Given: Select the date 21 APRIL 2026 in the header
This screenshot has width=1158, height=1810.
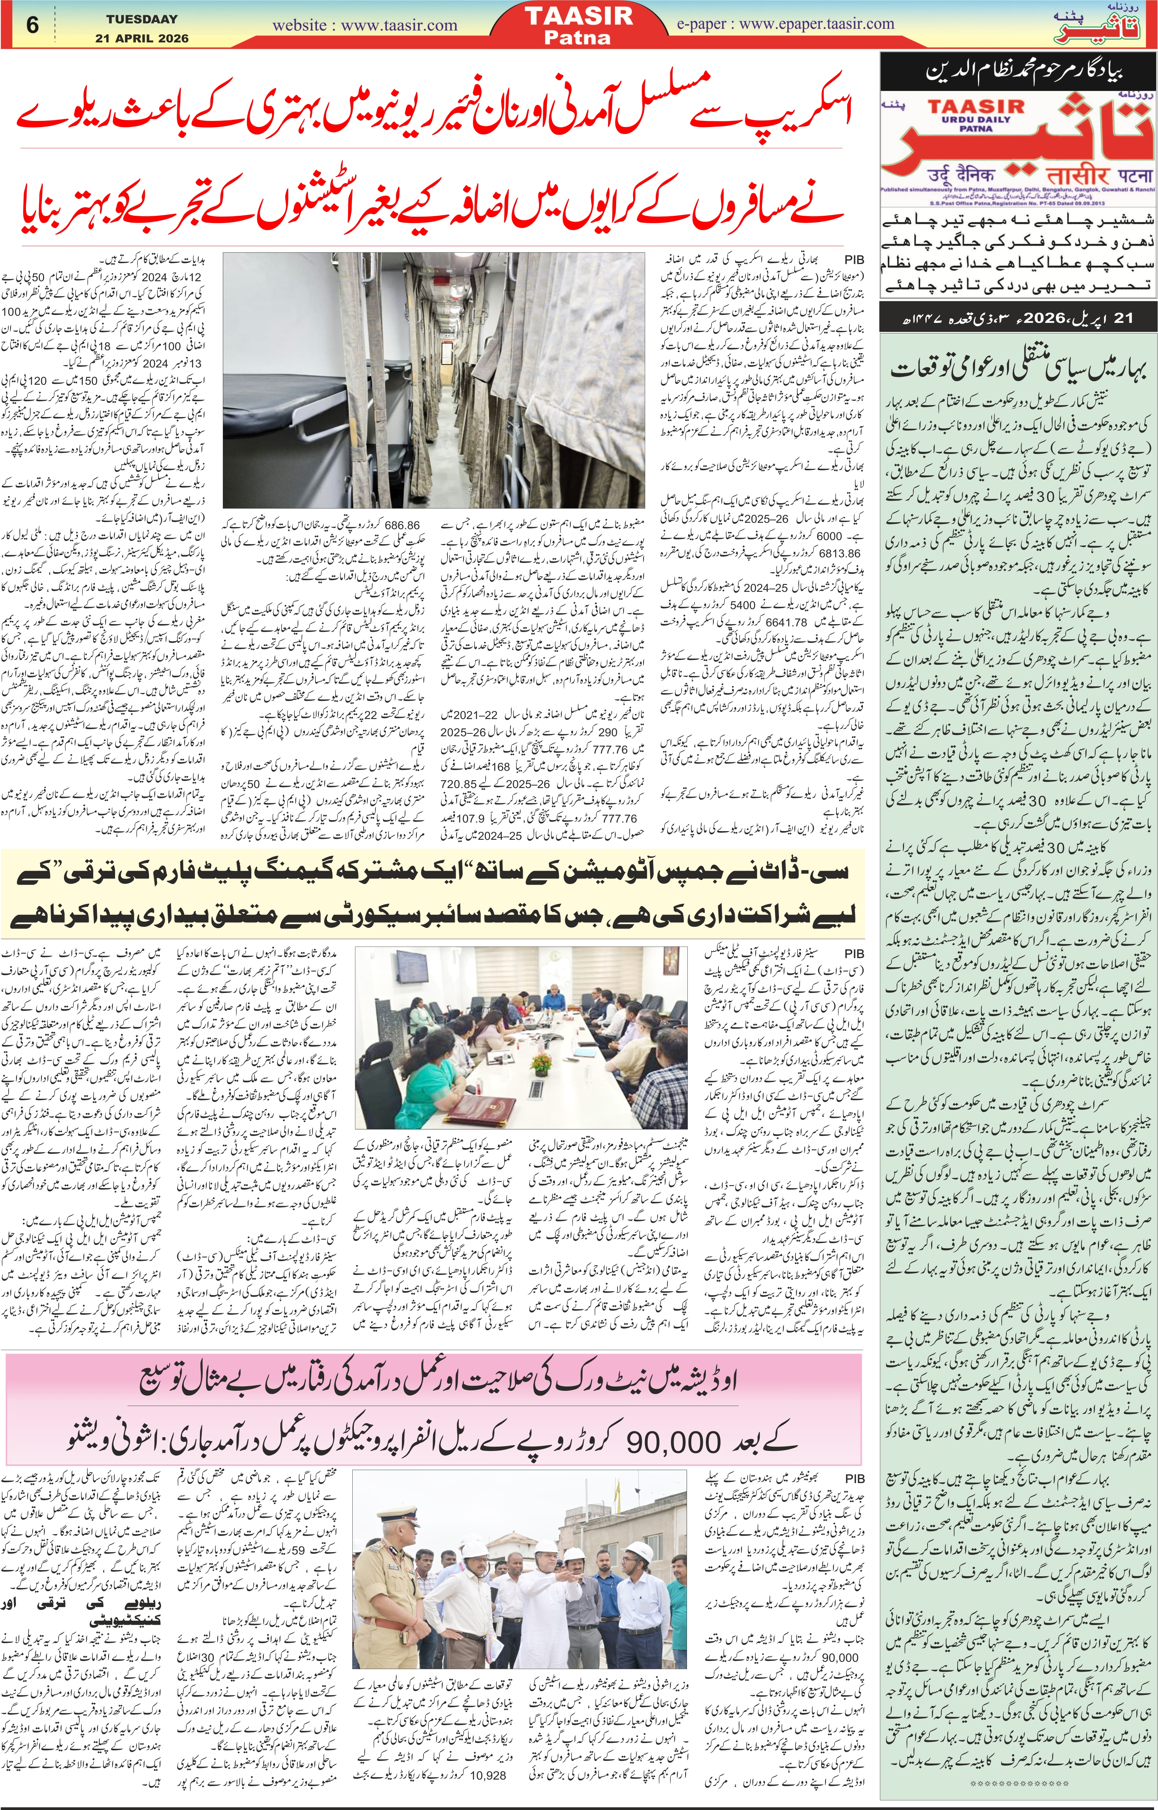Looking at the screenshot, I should click(142, 38).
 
